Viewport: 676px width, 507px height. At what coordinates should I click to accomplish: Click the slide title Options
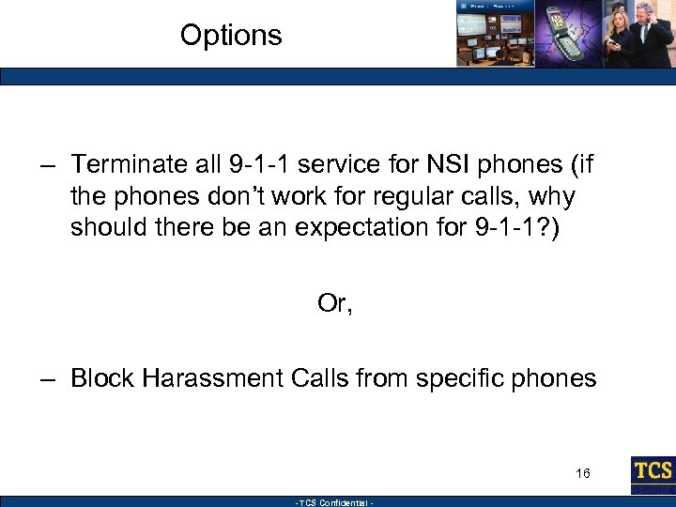click(x=231, y=36)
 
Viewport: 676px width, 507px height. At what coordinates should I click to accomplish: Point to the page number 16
click(x=583, y=473)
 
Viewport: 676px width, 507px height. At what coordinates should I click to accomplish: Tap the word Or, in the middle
click(x=335, y=304)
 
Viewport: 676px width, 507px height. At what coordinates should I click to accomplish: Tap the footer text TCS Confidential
click(x=335, y=502)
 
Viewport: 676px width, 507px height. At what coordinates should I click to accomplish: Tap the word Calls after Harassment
click(x=319, y=378)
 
